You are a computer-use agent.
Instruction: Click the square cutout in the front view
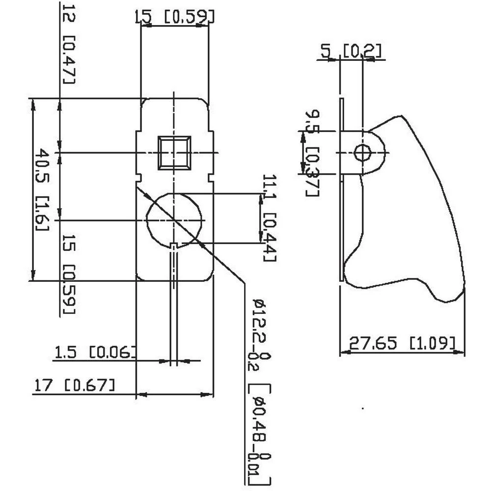pyautogui.click(x=174, y=153)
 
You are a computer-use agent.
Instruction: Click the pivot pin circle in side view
pyautogui.click(x=362, y=153)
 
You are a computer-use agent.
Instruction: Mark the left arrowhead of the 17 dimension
pyautogui.click(x=140, y=394)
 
